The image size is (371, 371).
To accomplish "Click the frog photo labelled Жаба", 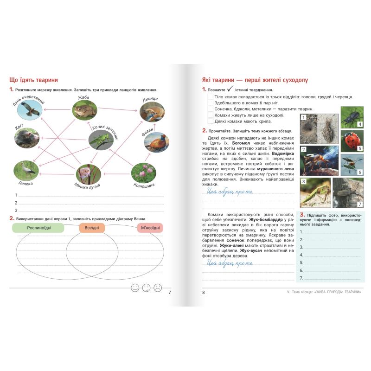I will [85, 110].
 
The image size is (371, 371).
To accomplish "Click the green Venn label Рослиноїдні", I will [38, 228].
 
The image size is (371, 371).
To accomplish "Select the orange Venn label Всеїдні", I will [92, 228].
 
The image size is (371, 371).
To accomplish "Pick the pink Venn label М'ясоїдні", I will [150, 228].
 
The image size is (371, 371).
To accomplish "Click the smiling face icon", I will [135, 288].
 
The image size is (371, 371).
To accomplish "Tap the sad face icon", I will [158, 288].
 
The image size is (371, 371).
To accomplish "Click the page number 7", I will [169, 292].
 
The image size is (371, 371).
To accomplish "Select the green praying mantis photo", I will [315, 192].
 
